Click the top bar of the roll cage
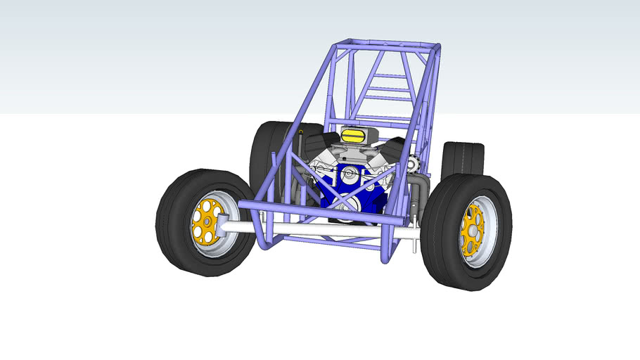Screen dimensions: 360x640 click(387, 44)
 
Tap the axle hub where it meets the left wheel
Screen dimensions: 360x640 click(223, 225)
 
